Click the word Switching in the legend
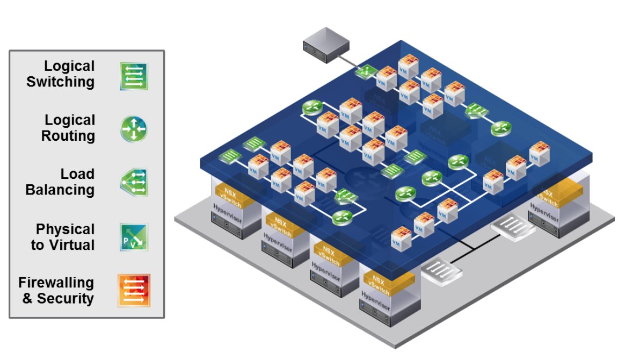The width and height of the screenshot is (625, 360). [x=61, y=82]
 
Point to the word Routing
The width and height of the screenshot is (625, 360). [x=68, y=136]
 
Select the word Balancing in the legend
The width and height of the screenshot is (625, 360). [x=60, y=190]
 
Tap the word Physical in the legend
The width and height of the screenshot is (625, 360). [x=66, y=229]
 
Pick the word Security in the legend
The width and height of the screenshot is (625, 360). [x=66, y=298]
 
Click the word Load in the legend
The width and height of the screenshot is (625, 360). [x=78, y=174]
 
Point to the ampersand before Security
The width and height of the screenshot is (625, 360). [x=28, y=298]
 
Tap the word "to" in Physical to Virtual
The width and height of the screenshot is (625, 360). [x=37, y=246]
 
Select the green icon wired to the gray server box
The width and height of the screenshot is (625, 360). [x=366, y=71]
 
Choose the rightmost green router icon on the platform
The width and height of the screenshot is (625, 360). [x=500, y=128]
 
